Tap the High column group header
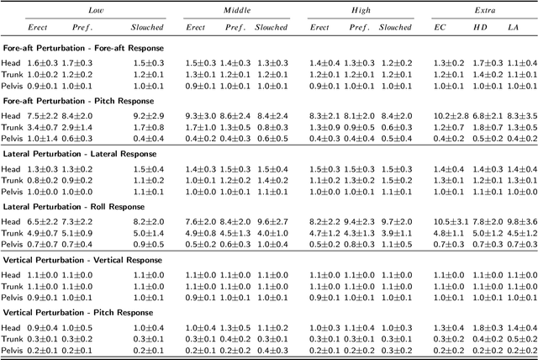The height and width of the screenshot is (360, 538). click(362, 10)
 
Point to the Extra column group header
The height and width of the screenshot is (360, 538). click(483, 10)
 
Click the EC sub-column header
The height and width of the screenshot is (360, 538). click(440, 27)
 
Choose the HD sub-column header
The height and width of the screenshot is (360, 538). click(480, 27)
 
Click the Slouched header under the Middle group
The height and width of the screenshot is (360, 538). click(272, 27)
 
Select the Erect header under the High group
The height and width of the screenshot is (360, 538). click(320, 27)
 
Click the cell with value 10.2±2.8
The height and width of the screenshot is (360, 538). click(451, 115)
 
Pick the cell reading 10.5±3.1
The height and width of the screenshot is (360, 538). click(451, 221)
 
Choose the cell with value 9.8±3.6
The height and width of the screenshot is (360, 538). click(520, 221)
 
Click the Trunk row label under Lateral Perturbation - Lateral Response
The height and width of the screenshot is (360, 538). click(14, 180)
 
